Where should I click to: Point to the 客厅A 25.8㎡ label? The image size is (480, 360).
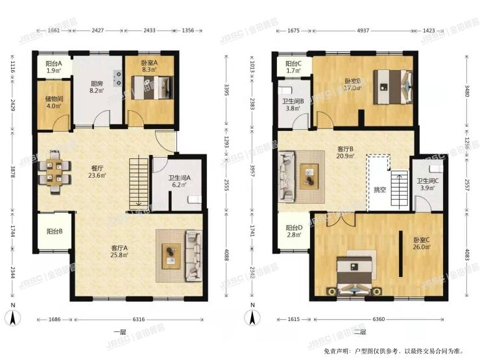[119, 250]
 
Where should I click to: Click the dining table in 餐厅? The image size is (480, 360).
[56, 171]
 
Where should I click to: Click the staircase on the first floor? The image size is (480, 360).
[138, 184]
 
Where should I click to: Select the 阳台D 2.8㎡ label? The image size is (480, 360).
[294, 232]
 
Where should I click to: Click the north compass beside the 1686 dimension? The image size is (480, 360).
[11, 319]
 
